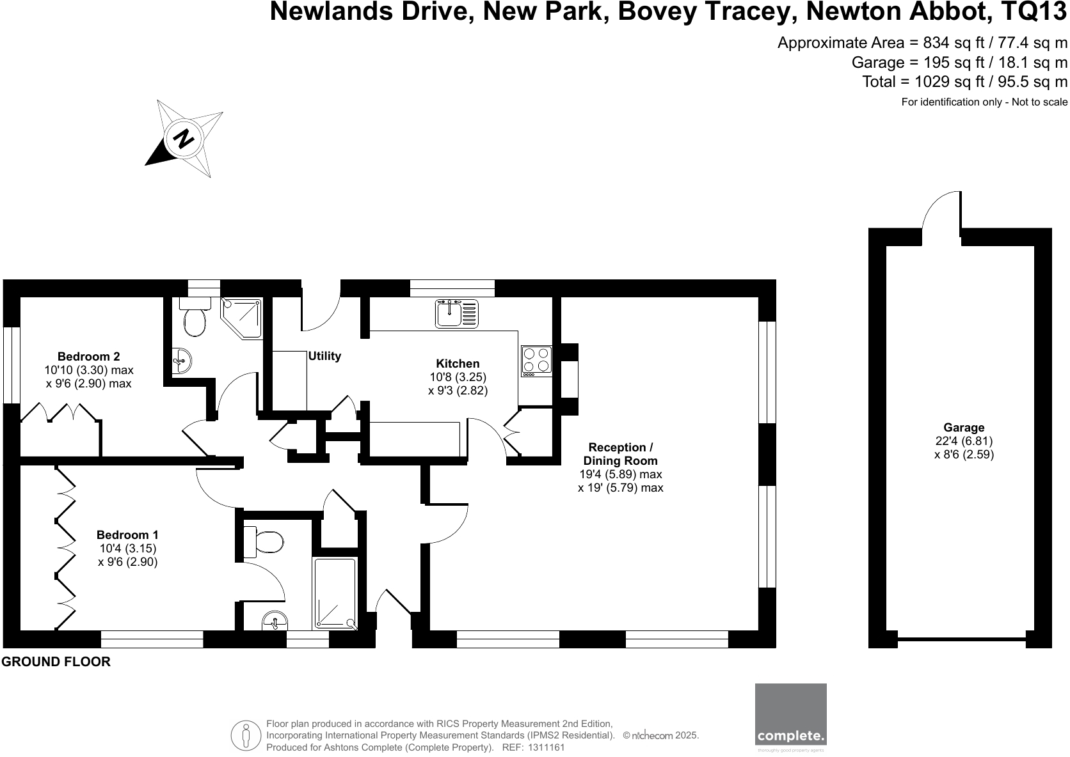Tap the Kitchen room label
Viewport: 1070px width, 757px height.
coord(458,364)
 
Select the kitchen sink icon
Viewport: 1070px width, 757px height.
coord(457,313)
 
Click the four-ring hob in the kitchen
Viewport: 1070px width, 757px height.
coord(537,359)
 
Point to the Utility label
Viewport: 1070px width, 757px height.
coord(324,356)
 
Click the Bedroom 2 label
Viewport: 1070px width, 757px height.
coord(88,357)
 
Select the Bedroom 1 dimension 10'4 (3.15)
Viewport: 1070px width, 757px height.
coord(128,549)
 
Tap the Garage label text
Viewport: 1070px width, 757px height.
coord(964,428)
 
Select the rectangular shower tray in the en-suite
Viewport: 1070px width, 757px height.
coord(335,593)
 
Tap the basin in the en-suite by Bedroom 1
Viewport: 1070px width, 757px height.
coord(276,620)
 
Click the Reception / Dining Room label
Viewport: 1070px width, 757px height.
coord(620,454)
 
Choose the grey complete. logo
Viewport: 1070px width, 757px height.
coord(790,714)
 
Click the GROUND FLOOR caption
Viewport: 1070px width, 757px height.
coord(56,662)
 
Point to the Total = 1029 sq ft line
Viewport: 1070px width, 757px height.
coord(964,82)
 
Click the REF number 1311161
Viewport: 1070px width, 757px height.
coord(547,747)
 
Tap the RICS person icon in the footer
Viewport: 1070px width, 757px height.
coord(246,735)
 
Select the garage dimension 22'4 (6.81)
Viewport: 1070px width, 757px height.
coord(964,441)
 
